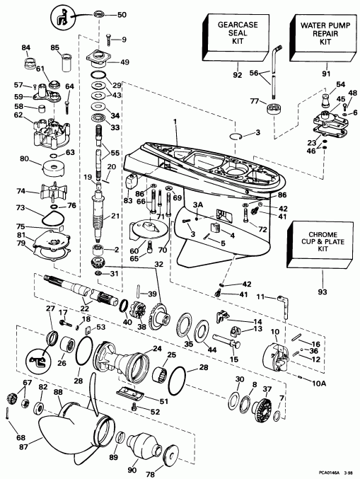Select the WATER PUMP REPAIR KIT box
(x=317, y=35)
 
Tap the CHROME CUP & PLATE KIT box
(x=317, y=246)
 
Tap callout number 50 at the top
(x=122, y=14)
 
